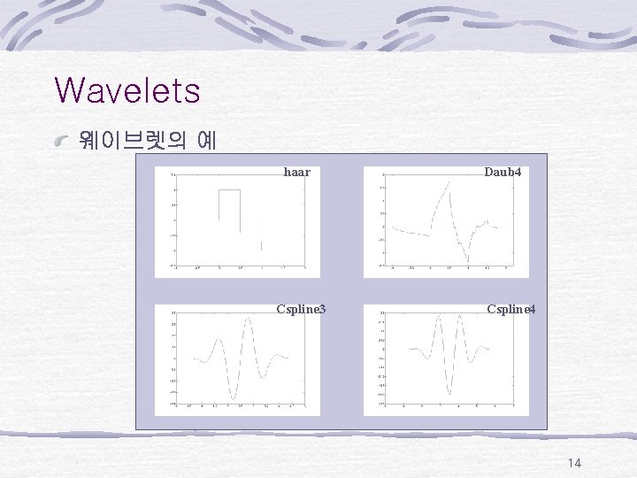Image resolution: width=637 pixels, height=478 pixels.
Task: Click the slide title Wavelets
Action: click(x=127, y=90)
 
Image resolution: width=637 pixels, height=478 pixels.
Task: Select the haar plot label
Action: click(x=296, y=172)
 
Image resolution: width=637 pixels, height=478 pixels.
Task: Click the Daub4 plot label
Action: click(x=503, y=172)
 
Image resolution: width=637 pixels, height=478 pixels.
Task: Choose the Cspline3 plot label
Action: click(x=301, y=309)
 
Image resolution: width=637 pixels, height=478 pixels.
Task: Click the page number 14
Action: click(x=574, y=463)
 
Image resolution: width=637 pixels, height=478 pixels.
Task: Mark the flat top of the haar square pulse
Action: click(x=230, y=190)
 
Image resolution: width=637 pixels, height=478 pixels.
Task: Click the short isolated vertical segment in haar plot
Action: click(x=262, y=245)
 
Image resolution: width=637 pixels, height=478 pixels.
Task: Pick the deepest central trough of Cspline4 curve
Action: click(x=449, y=394)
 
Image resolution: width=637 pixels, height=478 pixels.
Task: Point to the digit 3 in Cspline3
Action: click(x=322, y=309)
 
